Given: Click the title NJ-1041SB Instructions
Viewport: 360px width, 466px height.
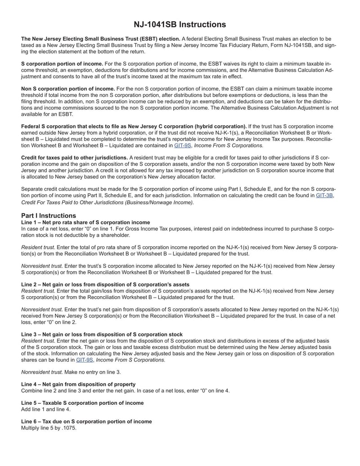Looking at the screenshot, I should coord(180,24).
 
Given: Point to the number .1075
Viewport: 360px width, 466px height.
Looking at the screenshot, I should coord(69,428).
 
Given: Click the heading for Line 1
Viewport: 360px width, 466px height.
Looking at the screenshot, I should coord(85,222).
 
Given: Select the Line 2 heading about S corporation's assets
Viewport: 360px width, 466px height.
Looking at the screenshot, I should coord(105,284).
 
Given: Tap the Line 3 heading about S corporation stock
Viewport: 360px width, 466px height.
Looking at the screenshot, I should coord(102,335).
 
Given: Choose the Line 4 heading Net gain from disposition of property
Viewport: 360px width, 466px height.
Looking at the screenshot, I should coord(78,384).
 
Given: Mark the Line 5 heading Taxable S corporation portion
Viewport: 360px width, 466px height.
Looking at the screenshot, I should coord(82,403).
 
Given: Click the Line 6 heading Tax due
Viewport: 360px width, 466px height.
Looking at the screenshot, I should coord(86,421).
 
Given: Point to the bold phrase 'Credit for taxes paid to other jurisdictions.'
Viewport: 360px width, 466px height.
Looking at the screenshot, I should coord(74,158).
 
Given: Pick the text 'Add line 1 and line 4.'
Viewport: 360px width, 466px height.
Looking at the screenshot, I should coord(46,409).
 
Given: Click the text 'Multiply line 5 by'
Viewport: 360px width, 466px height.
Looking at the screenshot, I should coord(42,428).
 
